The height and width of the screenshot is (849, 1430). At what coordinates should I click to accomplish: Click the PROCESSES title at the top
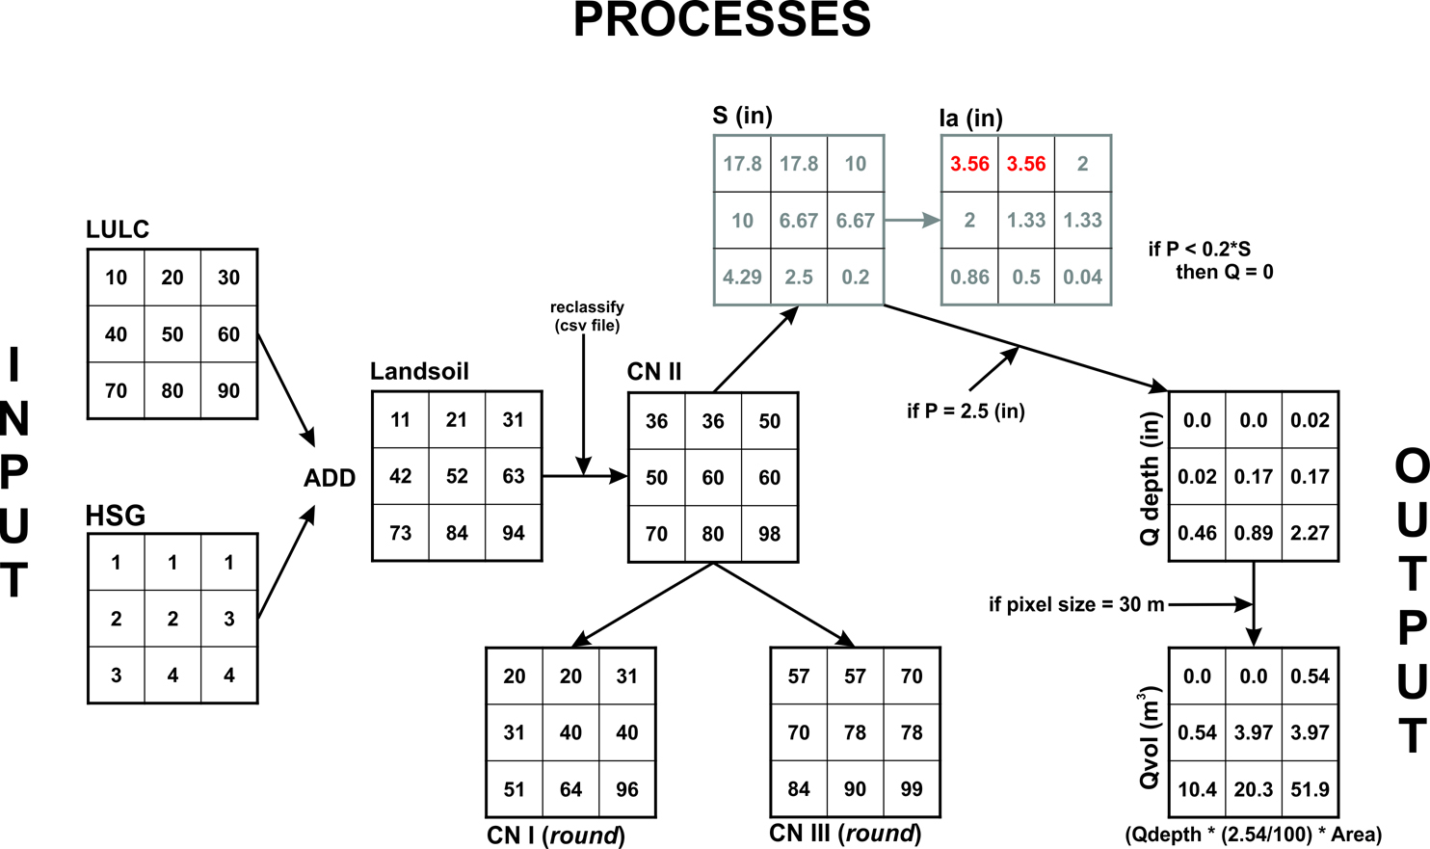point(722,20)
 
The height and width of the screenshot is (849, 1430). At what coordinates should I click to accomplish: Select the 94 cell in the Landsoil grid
point(513,533)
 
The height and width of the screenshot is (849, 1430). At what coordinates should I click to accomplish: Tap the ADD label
point(330,478)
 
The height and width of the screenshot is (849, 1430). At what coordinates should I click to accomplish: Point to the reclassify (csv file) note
point(587,316)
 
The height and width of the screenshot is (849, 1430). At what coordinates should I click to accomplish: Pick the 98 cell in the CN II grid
point(769,534)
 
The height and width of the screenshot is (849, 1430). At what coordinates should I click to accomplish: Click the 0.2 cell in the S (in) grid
point(855,278)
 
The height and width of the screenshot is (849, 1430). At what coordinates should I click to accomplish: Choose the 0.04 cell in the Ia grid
point(1082,278)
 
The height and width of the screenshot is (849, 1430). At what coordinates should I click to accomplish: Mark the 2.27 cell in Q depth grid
point(1310,533)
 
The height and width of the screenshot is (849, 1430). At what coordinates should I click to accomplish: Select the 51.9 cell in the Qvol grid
point(1310,789)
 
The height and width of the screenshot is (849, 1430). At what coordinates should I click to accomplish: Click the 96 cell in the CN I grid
point(626,789)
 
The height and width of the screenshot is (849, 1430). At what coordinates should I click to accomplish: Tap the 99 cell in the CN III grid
point(911,789)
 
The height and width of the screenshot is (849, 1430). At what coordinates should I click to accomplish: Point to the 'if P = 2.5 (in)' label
point(965,411)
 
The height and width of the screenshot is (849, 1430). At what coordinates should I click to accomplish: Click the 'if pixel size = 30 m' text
point(1075,605)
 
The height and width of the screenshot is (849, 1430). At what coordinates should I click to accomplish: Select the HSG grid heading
point(116,517)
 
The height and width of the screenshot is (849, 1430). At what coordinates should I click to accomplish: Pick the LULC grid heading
point(118,229)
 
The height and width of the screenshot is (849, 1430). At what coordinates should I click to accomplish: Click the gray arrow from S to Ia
point(912,221)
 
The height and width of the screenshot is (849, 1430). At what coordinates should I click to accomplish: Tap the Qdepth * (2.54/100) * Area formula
point(1253,835)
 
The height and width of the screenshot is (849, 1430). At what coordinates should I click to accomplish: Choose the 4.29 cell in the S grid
point(742,278)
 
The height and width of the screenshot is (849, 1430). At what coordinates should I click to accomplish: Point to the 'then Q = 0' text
point(1224,273)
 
